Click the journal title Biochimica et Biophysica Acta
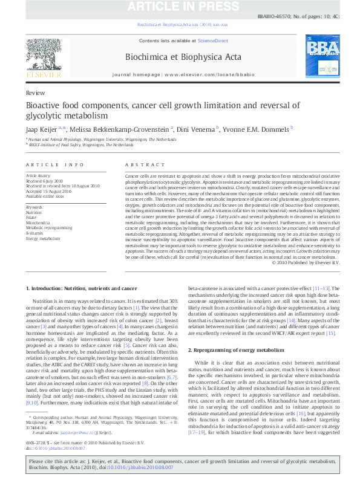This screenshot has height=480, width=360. tap(182, 57)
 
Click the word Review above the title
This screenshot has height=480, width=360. tap(35, 92)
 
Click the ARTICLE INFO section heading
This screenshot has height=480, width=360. tap(55, 164)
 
